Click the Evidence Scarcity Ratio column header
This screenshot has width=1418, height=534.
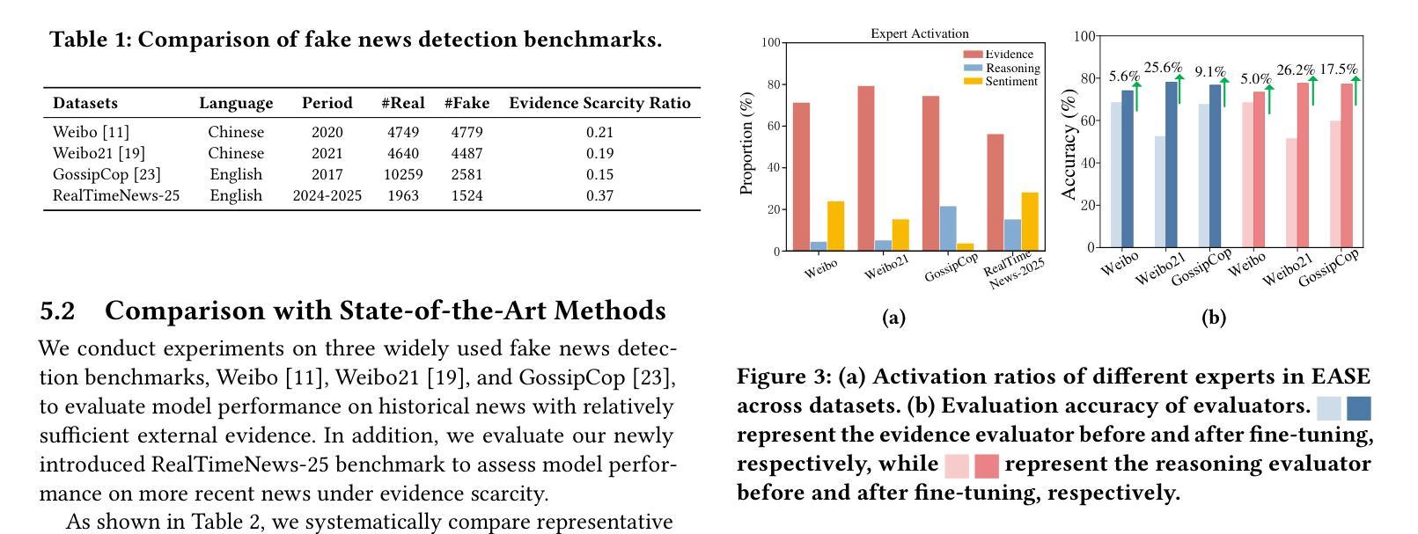point(599,103)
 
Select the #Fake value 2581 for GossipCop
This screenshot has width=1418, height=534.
point(467,174)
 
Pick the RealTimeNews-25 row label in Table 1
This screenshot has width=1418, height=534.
point(116,195)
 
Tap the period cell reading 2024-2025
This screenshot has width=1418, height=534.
point(327,195)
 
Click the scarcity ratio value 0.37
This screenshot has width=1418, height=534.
point(599,195)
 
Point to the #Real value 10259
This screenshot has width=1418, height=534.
point(403,174)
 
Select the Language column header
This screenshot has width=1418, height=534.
point(236,103)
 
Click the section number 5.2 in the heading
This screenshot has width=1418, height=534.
point(57,311)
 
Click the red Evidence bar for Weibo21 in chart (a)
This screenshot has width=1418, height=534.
point(866,167)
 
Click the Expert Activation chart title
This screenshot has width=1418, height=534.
point(920,33)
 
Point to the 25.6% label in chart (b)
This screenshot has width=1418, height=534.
point(1163,67)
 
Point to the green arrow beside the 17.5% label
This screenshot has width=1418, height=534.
point(1356,90)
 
